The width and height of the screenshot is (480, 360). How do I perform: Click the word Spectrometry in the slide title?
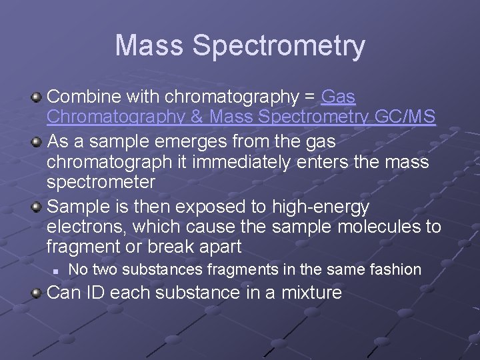coord(279,47)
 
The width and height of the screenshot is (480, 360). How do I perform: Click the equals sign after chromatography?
coord(309,97)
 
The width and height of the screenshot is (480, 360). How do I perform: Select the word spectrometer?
coord(101,182)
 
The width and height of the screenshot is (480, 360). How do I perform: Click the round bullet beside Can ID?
coord(37,293)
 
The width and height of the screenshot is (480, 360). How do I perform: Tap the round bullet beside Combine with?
coord(37,98)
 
